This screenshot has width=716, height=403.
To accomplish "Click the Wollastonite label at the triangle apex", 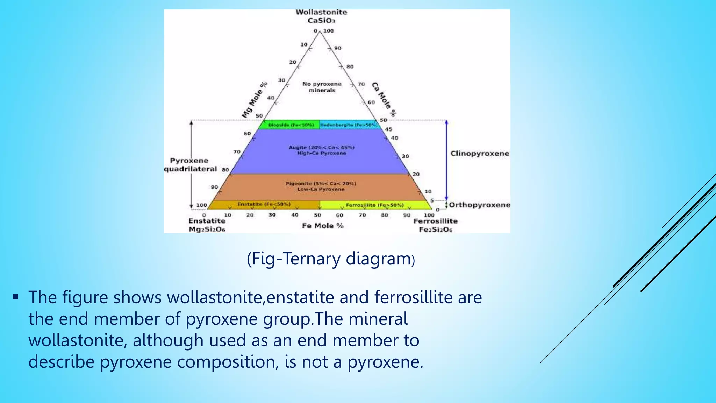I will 321,12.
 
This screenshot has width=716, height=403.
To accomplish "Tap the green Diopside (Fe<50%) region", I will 291,125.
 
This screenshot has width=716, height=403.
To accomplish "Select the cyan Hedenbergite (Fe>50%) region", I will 349,125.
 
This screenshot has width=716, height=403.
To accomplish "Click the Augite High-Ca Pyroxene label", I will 322,150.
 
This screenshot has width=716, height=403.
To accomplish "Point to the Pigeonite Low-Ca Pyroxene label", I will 321,186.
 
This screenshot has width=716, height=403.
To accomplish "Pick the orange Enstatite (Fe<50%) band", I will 264,204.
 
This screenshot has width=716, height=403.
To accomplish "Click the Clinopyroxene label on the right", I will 480,154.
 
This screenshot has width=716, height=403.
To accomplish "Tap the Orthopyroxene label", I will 480,205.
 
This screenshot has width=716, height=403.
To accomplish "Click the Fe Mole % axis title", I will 323,226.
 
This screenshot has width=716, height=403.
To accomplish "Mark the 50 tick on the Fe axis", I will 317,215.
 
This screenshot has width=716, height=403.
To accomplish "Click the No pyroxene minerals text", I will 322,87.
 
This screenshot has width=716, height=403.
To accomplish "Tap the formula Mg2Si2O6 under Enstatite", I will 207,229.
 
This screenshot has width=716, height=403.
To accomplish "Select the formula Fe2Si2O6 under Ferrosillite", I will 436,230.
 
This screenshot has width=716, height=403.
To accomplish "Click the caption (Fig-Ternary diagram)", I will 331,259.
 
